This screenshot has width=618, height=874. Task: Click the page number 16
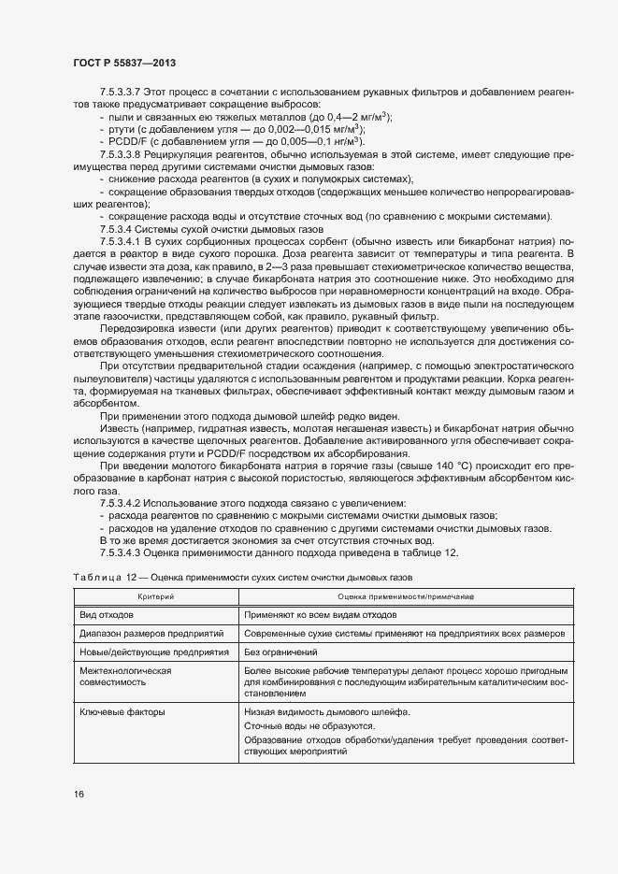78,794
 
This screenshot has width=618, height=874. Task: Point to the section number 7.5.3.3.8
120,153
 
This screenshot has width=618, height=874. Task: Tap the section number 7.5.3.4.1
120,241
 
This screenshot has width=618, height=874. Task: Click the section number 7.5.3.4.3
120,552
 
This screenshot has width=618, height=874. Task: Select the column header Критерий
155,596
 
